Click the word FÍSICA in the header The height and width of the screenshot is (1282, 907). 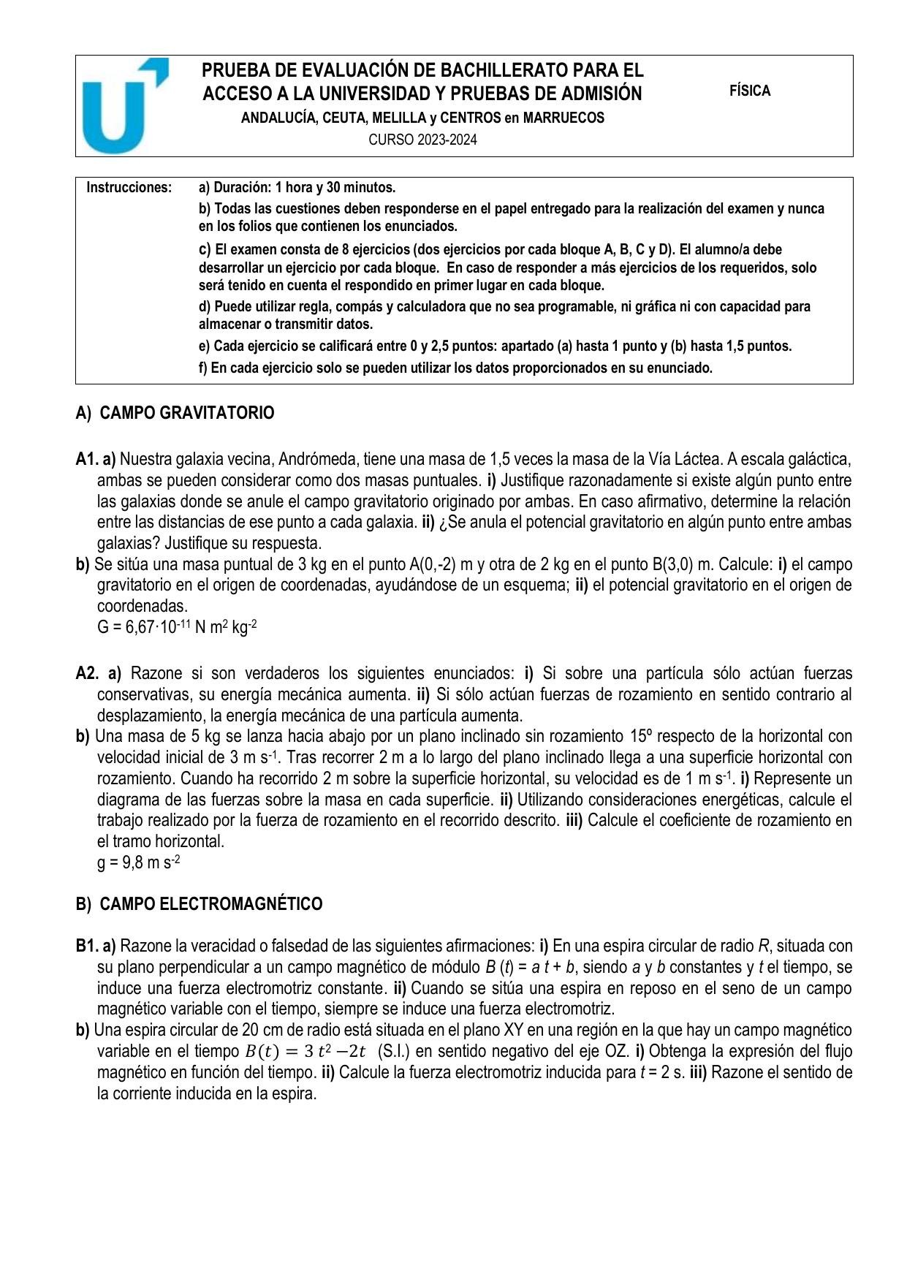(749, 91)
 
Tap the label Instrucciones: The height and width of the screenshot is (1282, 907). (129, 188)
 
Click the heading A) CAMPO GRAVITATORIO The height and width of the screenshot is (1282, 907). (175, 414)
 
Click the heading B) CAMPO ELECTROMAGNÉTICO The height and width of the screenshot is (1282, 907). (199, 904)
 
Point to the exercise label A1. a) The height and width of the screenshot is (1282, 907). (96, 460)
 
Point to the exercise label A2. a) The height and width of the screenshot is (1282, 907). (98, 673)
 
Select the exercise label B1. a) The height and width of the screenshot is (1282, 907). (96, 947)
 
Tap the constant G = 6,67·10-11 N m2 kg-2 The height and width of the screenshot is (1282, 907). (177, 627)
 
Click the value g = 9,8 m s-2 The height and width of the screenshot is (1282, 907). (138, 862)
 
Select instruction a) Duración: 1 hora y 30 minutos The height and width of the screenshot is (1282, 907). (297, 188)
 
